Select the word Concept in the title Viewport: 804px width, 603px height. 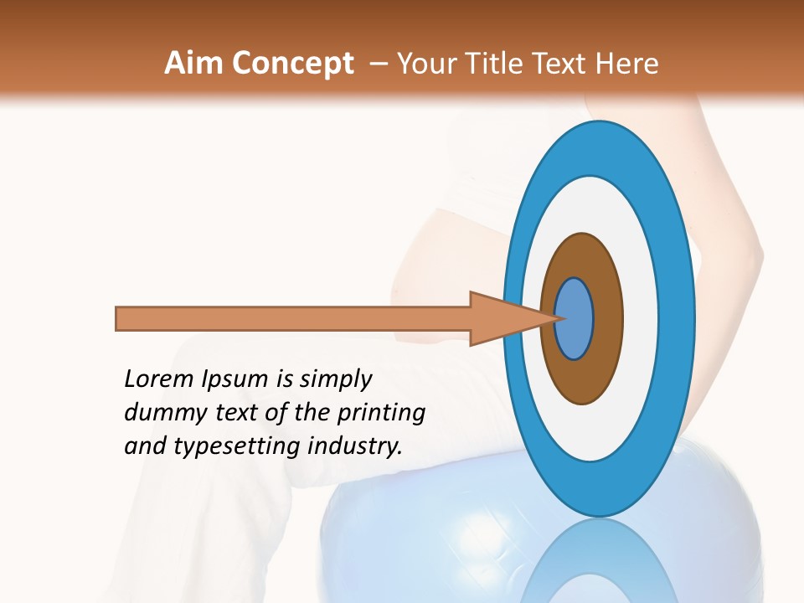292,64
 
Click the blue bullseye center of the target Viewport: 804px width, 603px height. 575,319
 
